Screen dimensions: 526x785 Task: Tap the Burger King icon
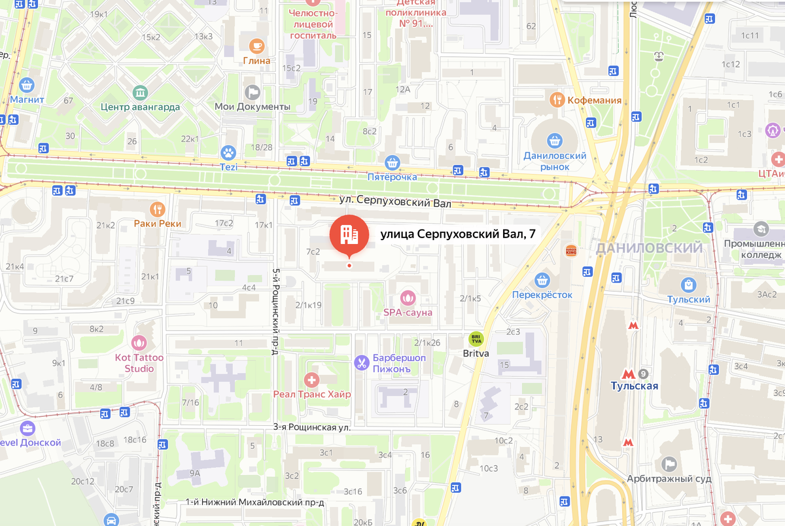[x=570, y=251]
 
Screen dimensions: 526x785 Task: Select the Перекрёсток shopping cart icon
[x=542, y=280]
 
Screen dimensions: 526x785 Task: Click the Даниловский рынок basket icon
[x=555, y=139]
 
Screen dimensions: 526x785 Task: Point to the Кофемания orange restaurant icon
[x=557, y=100]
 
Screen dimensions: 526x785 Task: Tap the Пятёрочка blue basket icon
[x=392, y=162]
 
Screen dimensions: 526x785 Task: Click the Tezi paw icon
[x=228, y=153]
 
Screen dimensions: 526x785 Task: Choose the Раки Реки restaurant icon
[x=157, y=209]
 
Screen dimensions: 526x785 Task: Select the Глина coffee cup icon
[x=256, y=46]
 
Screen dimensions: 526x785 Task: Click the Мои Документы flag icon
[x=252, y=92]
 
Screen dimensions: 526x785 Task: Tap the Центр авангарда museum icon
[x=140, y=92]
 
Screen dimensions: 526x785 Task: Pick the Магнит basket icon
[x=27, y=85]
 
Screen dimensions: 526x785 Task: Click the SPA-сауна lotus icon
[x=408, y=298]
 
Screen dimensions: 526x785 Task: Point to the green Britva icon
[x=476, y=339]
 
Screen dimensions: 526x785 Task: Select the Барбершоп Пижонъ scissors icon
[x=361, y=362]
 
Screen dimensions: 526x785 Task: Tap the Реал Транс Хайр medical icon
[x=312, y=379]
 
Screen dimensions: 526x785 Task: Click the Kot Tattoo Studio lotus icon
[x=139, y=342]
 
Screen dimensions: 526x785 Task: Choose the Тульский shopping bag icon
[x=688, y=285]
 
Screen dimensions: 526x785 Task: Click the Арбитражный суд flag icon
[x=669, y=464]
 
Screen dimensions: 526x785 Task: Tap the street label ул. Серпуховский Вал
[x=395, y=203]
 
